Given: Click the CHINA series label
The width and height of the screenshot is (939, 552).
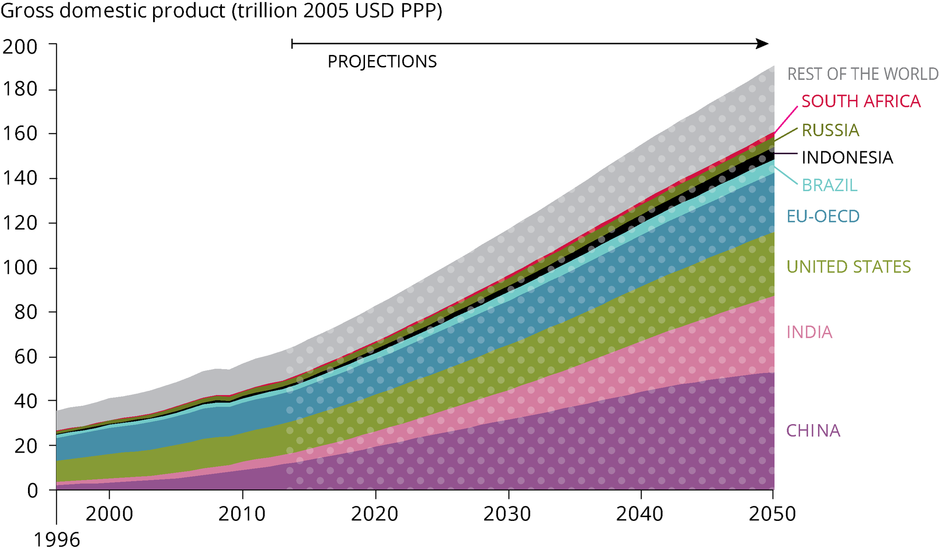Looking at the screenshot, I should click(813, 431).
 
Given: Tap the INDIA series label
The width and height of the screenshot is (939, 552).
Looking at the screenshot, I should click(809, 332).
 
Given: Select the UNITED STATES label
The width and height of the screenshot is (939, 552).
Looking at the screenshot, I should click(848, 266).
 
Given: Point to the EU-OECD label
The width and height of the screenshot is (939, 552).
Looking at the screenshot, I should click(823, 216).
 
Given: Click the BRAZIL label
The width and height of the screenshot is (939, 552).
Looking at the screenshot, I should click(829, 185).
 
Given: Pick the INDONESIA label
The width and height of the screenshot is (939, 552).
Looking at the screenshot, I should click(847, 158).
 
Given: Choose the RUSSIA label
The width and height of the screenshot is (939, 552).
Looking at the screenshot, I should click(830, 130).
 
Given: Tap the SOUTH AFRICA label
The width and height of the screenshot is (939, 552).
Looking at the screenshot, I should click(861, 101).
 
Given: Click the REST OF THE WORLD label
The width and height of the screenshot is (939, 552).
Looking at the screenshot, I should click(862, 74).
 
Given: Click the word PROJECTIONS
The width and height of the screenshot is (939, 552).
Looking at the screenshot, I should click(382, 61).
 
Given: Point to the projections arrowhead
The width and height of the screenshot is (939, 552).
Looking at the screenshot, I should click(762, 44).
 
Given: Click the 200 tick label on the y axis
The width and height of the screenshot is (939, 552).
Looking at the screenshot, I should click(20, 47).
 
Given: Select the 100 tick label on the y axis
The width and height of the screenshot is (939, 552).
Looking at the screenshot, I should click(20, 268).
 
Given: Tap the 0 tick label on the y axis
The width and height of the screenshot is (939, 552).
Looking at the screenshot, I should click(32, 491).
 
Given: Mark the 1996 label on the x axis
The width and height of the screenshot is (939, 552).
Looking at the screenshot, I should click(57, 540).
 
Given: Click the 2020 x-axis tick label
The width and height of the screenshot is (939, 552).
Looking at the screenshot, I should click(375, 514).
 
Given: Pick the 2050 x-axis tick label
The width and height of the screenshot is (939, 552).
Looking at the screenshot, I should click(772, 514).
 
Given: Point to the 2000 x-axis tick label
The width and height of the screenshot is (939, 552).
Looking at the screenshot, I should click(109, 514).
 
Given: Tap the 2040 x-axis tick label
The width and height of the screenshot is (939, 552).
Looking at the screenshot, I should click(640, 514).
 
